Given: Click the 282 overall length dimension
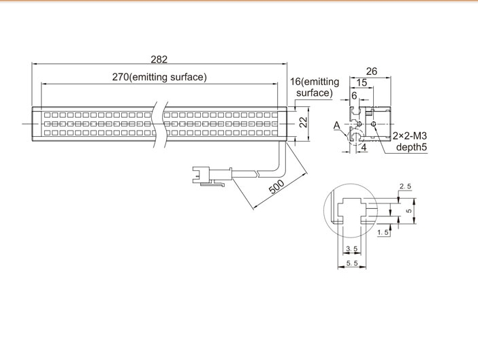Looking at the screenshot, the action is pos(159,59).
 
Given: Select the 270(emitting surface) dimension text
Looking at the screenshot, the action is pos(159,77).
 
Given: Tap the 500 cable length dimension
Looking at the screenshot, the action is pos(277,186).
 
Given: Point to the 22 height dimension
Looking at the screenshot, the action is pos(303,122).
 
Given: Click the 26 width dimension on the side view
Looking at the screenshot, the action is pos(372,71).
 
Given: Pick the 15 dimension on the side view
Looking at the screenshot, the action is pos(362,82).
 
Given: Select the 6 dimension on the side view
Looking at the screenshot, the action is pos(354,96).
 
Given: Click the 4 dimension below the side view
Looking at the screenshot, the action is pos(364,148).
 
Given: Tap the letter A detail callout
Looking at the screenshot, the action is pos(336,125).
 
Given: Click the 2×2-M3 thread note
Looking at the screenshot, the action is pos(409,135).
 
